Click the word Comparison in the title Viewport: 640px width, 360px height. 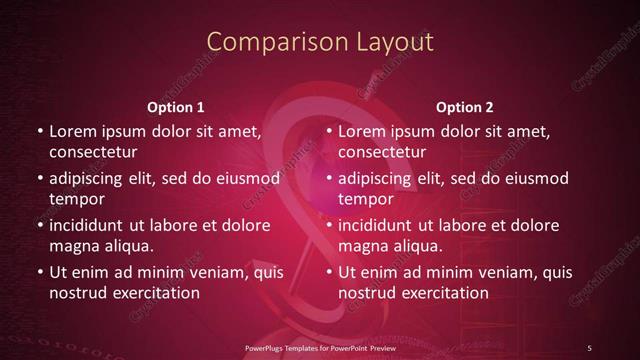(x=264, y=42)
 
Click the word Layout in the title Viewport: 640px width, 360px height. (x=393, y=42)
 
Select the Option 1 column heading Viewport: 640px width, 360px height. (x=175, y=107)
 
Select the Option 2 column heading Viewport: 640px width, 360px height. (x=465, y=107)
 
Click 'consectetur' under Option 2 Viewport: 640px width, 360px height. (x=382, y=152)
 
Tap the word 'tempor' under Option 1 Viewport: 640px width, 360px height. (x=74, y=199)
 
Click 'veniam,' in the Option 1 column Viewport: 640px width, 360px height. (x=209, y=272)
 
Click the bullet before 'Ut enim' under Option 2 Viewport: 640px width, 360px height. (x=328, y=272)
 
